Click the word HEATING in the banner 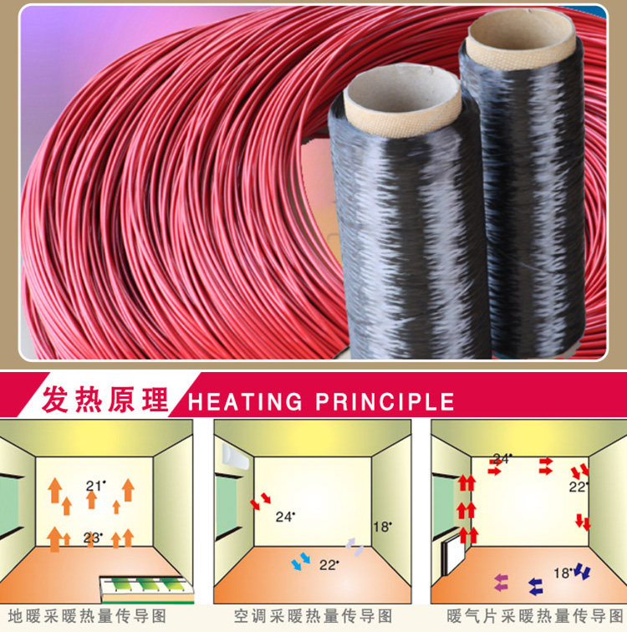[x=245, y=401]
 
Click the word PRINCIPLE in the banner [x=385, y=401]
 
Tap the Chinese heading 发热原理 [x=104, y=400]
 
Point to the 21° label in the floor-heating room [x=95, y=486]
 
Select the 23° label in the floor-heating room [x=93, y=538]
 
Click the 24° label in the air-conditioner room [x=285, y=517]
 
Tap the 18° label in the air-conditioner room [x=382, y=527]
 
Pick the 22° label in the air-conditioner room [x=329, y=565]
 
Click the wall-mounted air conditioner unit [x=236, y=457]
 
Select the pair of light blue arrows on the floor [x=301, y=561]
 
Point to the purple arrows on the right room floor [x=502, y=583]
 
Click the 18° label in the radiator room [x=563, y=573]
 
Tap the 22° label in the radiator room [x=579, y=487]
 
